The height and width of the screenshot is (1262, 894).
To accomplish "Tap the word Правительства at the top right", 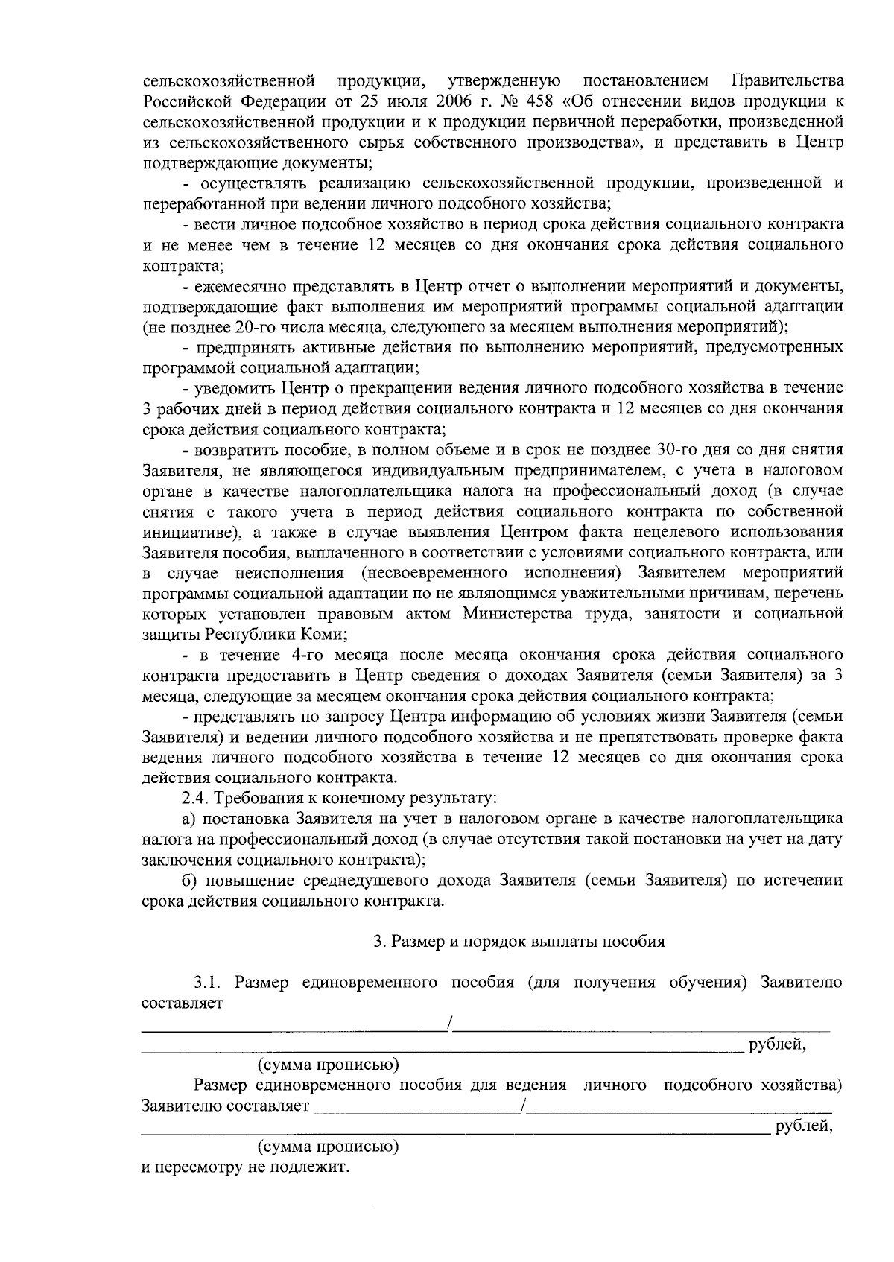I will (788, 80).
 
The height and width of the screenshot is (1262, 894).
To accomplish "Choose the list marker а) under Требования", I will (189, 819).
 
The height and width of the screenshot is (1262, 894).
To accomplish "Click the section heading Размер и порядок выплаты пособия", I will (519, 941).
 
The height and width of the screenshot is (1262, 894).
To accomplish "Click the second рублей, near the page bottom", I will (803, 1126).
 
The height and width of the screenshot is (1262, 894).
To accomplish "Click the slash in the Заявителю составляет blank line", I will (524, 1106).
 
